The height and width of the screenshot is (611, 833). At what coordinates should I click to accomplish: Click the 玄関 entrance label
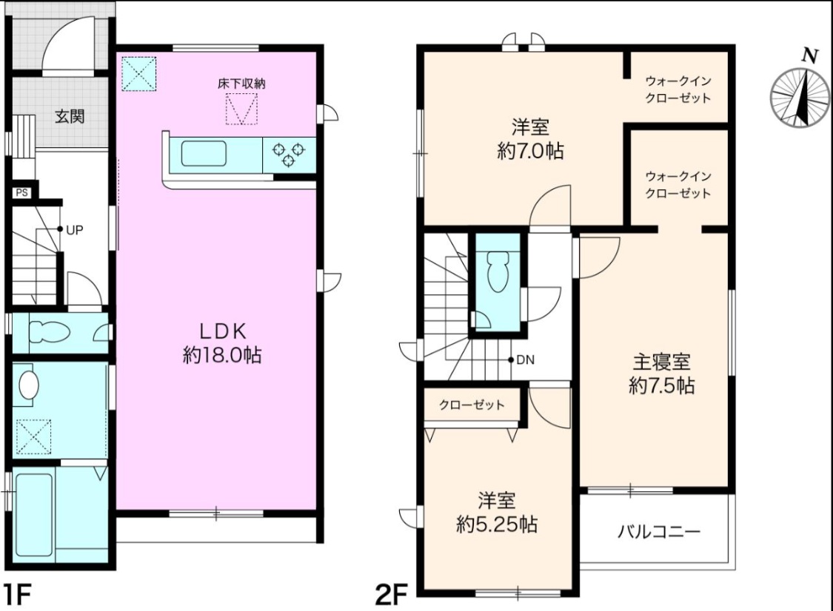click(x=70, y=115)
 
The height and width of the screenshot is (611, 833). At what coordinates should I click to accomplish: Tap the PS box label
click(x=21, y=193)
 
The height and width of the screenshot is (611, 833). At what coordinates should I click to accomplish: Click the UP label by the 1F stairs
click(x=74, y=230)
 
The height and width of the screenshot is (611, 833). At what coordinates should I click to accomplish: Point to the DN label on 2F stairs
click(x=526, y=360)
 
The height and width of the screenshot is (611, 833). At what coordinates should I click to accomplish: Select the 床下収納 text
click(x=241, y=84)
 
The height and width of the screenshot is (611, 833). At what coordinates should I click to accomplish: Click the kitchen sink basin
click(x=204, y=153)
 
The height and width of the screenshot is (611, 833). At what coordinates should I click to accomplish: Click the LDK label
click(x=223, y=331)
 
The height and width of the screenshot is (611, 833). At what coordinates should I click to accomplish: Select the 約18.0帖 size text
click(x=223, y=355)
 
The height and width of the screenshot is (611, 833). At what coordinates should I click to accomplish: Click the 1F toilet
click(x=49, y=333)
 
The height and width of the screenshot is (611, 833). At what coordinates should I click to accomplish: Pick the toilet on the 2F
click(x=498, y=271)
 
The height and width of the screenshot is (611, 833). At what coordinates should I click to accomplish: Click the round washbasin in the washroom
click(x=29, y=385)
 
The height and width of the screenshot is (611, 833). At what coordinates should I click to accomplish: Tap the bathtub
click(x=35, y=514)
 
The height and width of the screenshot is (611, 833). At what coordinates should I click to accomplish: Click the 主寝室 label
click(x=661, y=362)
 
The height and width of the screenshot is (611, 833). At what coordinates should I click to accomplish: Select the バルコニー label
click(x=659, y=531)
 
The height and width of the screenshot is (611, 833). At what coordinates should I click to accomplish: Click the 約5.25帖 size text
click(x=497, y=524)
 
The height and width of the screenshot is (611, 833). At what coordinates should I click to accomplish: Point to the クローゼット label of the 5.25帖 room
click(x=472, y=405)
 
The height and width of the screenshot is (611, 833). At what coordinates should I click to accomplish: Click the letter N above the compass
click(x=809, y=56)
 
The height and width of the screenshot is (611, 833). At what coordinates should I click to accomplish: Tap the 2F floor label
click(x=391, y=595)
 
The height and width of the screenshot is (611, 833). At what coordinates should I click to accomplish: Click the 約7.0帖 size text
click(x=530, y=152)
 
